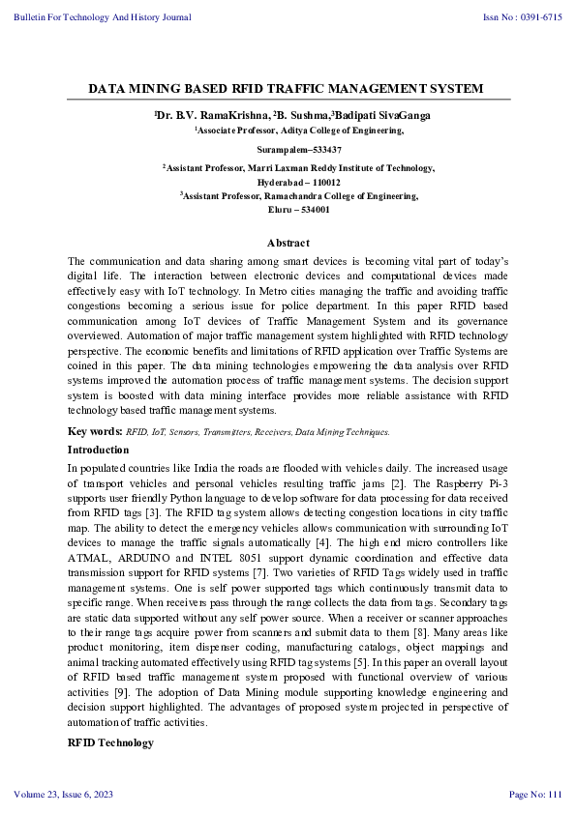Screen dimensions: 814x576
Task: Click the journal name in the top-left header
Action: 103,17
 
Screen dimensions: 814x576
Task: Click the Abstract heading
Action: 288,243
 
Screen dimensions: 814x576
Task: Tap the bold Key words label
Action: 94,431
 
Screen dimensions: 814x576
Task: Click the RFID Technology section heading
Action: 109,742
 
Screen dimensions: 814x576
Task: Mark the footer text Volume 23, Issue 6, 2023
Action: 64,795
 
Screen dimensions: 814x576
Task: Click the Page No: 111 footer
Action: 535,795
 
